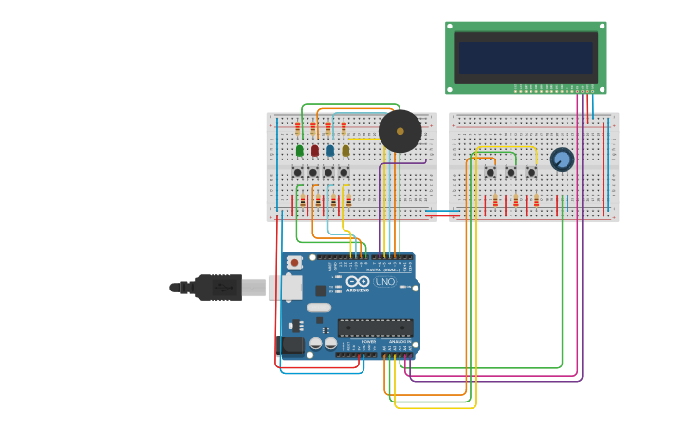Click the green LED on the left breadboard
point(300,150)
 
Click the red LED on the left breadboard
point(315,150)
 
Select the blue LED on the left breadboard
point(330,150)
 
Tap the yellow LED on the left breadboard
point(345,150)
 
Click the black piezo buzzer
point(400,131)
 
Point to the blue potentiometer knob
point(562,159)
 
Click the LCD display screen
point(526,57)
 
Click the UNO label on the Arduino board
point(385,281)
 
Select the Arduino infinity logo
point(358,281)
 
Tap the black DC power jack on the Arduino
point(292,346)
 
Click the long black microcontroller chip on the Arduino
point(375,327)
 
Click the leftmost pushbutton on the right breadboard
point(491,172)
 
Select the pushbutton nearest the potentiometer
point(531,172)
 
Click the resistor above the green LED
point(298,127)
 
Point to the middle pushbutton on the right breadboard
point(511,172)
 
